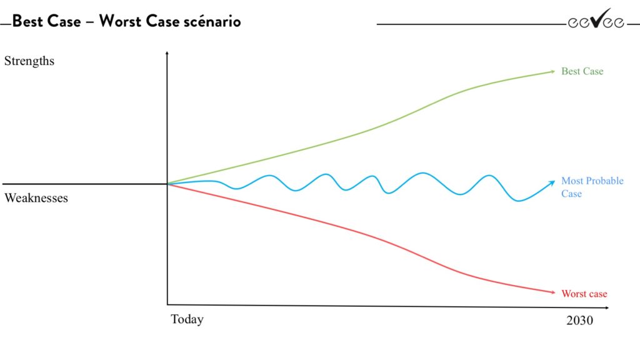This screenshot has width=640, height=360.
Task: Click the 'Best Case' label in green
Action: [x=582, y=71]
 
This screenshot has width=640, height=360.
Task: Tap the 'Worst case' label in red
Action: [x=584, y=294]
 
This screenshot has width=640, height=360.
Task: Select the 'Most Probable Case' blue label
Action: [x=592, y=187]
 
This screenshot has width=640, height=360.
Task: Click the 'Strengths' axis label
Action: [x=29, y=61]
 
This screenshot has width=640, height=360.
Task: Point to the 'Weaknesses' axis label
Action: [x=36, y=198]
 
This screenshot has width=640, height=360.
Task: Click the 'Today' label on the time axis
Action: [x=187, y=319]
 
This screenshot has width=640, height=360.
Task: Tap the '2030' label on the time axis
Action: [x=579, y=321]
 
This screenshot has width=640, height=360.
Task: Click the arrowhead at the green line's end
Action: [x=552, y=71]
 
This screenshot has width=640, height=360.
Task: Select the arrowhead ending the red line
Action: [x=552, y=292]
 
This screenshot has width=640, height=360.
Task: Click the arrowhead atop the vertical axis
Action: [x=167, y=53]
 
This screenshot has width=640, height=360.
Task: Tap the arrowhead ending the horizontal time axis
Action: [x=606, y=307]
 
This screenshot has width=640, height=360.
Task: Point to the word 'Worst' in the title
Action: [x=121, y=21]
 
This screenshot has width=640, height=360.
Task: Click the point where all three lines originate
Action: [x=167, y=184]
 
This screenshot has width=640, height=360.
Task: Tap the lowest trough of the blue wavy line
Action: [x=517, y=201]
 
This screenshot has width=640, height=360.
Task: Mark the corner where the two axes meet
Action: [x=167, y=304]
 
